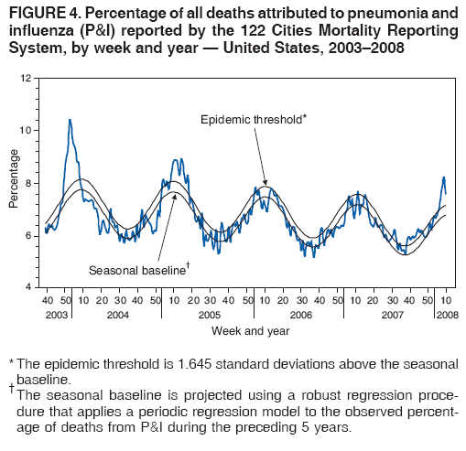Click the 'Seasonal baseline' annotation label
pos(136,270)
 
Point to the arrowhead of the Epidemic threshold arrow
pos(266,186)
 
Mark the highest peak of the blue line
pos(70,120)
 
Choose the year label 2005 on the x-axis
pos(208,314)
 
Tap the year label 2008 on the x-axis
pos(446,314)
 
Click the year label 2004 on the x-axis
pos(116,314)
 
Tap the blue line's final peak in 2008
pos(443,177)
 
